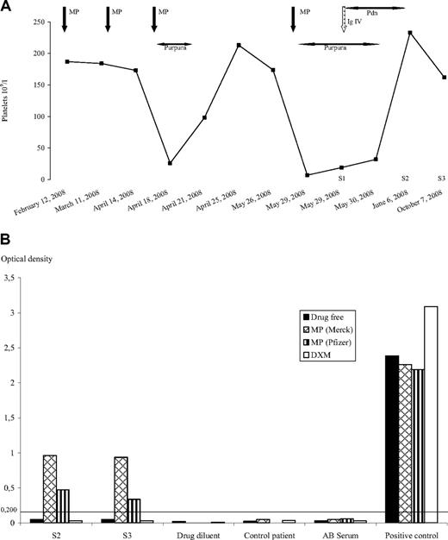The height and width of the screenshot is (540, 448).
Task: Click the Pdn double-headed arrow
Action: pos(372,8)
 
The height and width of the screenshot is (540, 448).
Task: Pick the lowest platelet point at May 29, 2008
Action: pos(308,175)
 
